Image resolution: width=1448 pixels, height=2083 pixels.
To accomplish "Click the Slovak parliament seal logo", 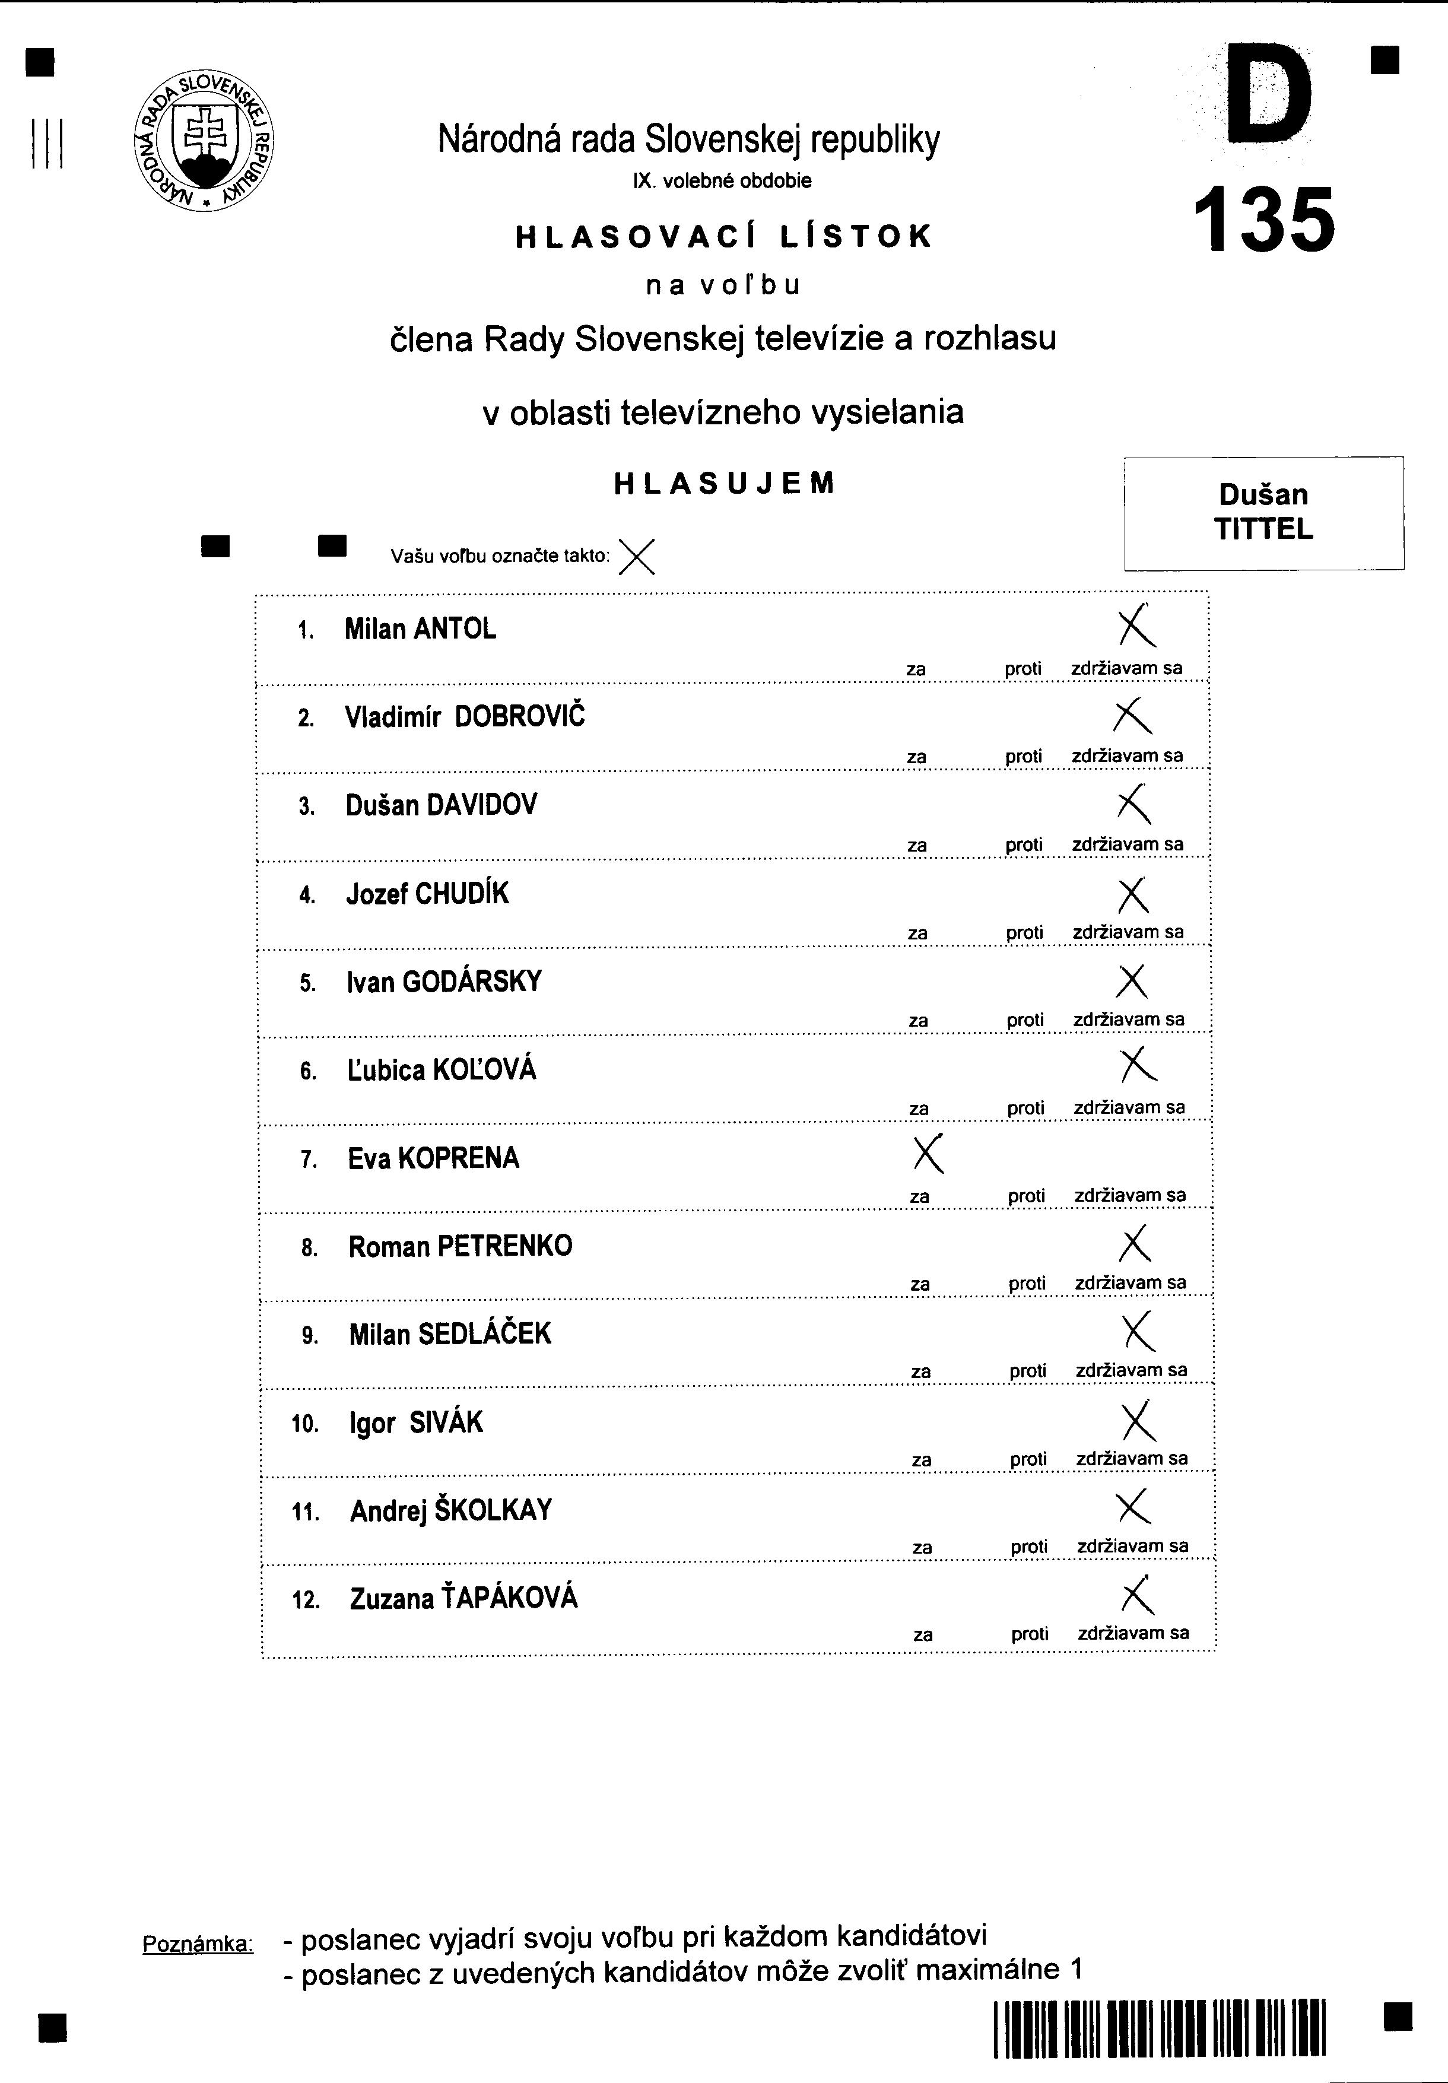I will (203, 141).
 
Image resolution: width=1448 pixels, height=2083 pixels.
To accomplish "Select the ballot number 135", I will (1264, 220).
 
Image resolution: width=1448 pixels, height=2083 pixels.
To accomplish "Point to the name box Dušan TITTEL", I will (1264, 513).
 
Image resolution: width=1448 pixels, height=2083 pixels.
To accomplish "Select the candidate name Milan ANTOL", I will (420, 628).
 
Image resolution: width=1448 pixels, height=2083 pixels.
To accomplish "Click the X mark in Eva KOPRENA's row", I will (928, 1154).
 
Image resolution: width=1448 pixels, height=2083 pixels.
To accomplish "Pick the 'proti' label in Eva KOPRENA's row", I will (1026, 1196).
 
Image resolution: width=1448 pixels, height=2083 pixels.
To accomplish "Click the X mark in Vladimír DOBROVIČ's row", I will (1132, 716).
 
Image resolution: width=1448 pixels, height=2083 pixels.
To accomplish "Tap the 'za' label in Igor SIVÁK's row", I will (922, 1460).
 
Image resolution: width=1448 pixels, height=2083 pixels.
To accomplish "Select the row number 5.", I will (307, 983).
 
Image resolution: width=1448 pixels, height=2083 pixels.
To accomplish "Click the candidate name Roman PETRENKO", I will (460, 1246).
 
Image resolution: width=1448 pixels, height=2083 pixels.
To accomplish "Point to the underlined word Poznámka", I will (198, 1944).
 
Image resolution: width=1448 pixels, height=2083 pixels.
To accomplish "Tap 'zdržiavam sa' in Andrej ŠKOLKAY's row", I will (1132, 1546).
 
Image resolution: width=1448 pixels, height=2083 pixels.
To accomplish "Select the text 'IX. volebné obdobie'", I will (722, 180).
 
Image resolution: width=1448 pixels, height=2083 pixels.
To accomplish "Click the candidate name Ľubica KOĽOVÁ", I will (442, 1071).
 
